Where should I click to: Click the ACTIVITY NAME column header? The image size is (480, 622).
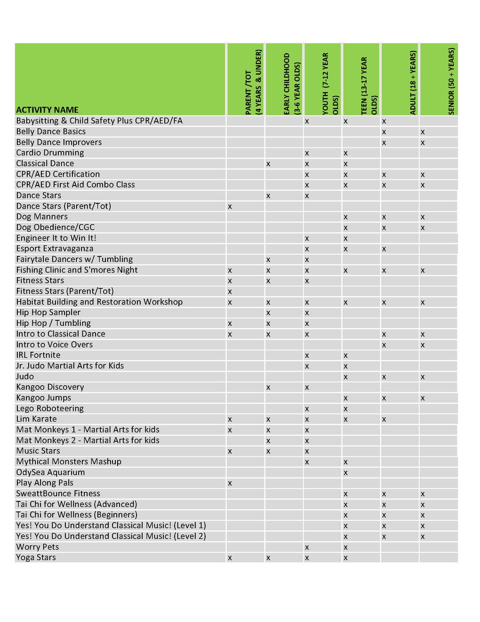pyautogui.click(x=47, y=110)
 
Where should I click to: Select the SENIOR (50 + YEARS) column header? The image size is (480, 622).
pyautogui.click(x=451, y=81)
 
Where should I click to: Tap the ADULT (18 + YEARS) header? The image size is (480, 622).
pyautogui.click(x=413, y=83)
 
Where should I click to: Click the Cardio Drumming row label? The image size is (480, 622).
pyautogui.click(x=50, y=153)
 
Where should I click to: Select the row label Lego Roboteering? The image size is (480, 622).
pyautogui.click(x=50, y=408)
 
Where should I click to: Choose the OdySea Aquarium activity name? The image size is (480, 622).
pyautogui.click(x=50, y=472)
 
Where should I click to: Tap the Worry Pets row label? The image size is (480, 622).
pyautogui.click(x=38, y=547)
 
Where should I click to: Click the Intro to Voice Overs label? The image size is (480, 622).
pyautogui.click(x=55, y=344)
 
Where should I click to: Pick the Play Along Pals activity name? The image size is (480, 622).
pyautogui.click(x=45, y=483)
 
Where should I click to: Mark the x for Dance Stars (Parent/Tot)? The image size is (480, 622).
pyautogui.click(x=230, y=206)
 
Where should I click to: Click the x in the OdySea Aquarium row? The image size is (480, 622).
pyautogui.click(x=345, y=473)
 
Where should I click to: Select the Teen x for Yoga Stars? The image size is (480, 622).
pyautogui.click(x=345, y=558)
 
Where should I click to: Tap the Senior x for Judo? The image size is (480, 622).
pyautogui.click(x=423, y=377)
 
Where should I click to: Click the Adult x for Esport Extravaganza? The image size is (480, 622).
pyautogui.click(x=384, y=249)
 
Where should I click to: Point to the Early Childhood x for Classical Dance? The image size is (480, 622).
pyautogui.click(x=268, y=164)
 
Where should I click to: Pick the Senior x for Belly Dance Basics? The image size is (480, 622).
pyautogui.click(x=423, y=132)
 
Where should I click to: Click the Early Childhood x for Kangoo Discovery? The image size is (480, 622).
pyautogui.click(x=268, y=388)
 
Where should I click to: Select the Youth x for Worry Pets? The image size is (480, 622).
pyautogui.click(x=307, y=547)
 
